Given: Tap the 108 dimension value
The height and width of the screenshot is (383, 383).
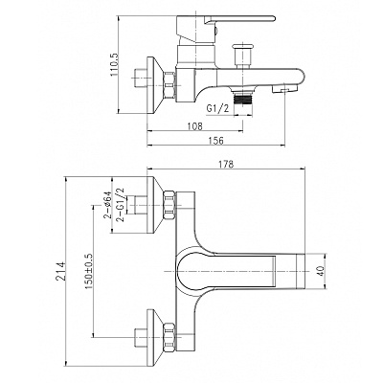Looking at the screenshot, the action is tap(195, 126).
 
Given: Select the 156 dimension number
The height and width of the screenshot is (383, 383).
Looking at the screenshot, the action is tap(216, 141).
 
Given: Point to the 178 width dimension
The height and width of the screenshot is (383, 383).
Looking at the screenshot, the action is tap(226, 164).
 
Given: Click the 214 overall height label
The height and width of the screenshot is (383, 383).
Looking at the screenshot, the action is tap(61, 271).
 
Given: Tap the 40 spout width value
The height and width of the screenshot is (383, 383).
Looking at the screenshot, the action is tap(321, 271).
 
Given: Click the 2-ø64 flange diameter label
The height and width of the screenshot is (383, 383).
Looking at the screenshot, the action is tap(107, 205).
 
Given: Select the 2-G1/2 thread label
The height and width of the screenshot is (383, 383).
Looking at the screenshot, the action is tap(121, 205).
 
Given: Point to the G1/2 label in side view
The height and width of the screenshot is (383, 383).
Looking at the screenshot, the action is tap(217, 109).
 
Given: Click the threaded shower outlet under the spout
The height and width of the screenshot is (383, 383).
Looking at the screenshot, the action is tap(243, 99).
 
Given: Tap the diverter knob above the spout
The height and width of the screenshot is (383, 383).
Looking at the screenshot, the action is tap(243, 56).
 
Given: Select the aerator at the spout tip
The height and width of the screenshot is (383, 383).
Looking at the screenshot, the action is tap(284, 88).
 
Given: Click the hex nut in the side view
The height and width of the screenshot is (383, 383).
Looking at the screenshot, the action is tap(169, 85).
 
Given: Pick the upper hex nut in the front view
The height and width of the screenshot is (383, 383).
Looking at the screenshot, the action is tap(169, 205).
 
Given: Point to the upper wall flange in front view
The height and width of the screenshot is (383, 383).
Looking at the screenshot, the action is tap(155, 205).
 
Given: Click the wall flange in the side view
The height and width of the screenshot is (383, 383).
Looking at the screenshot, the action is tap(155, 85).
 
